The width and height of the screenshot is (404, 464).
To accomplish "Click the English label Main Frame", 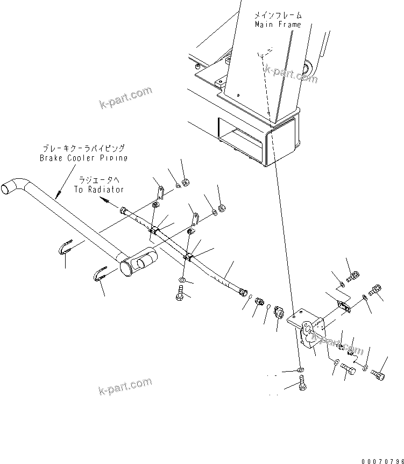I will coord(278,25).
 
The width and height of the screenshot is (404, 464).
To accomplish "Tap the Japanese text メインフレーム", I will coord(278,16).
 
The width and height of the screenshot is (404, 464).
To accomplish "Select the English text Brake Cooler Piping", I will coord(83,158).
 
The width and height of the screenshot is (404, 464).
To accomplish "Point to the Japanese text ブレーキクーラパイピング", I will coord(84,148).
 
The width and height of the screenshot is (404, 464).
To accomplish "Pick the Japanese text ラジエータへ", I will coord(101,180).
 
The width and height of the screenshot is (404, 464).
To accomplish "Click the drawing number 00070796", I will coord(381,460).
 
